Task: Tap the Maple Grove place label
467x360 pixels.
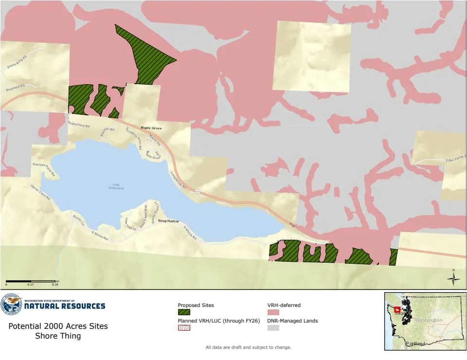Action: pyautogui.click(x=151, y=128)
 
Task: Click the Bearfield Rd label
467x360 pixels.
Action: pyautogui.click(x=15, y=89)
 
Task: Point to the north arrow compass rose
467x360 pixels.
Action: pyautogui.click(x=453, y=278)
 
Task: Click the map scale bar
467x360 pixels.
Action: pyautogui.click(x=32, y=281)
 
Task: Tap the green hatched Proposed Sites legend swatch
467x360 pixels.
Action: pyautogui.click(x=184, y=312)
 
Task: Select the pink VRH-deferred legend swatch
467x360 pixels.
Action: pyautogui.click(x=273, y=312)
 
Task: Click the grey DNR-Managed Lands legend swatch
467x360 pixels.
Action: pyautogui.click(x=273, y=328)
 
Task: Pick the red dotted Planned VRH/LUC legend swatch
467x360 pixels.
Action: pyautogui.click(x=184, y=328)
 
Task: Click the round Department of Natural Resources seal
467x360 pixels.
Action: pyautogui.click(x=11, y=305)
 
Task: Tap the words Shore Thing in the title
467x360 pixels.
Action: pyautogui.click(x=58, y=336)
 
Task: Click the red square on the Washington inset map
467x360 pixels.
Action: pyautogui.click(x=397, y=309)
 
